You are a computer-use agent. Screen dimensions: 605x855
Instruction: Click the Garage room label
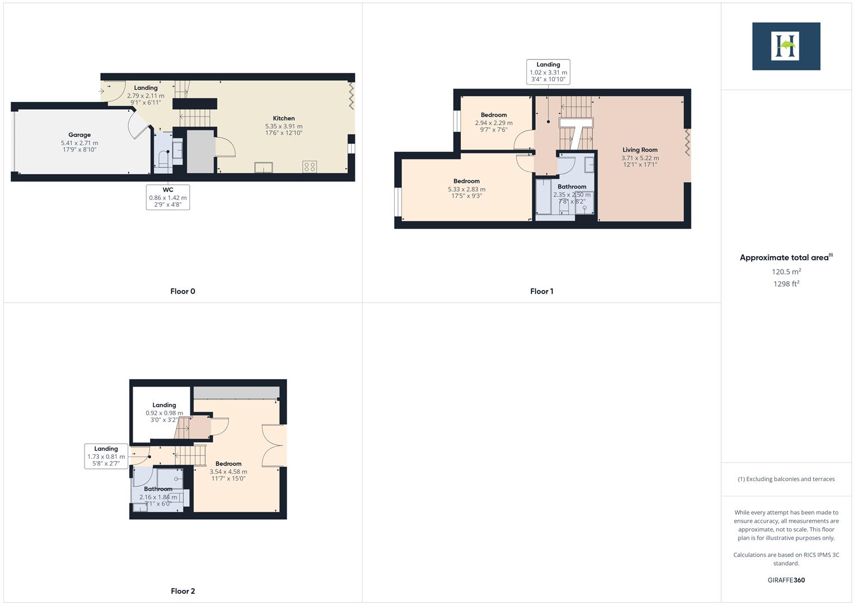[x=80, y=135]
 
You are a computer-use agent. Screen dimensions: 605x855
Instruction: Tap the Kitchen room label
[x=284, y=118]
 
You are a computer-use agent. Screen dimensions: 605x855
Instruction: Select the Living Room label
[x=640, y=150]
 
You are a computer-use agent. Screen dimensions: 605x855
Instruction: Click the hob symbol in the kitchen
[x=310, y=166]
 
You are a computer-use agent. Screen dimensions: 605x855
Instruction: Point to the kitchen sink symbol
[x=263, y=167]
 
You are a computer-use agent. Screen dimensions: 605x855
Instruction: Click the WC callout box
[x=168, y=197]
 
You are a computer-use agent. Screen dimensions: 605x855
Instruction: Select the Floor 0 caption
[x=183, y=291]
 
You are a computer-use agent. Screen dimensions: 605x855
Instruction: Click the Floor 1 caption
[x=541, y=291]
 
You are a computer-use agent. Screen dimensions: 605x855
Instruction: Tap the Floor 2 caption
[x=183, y=591]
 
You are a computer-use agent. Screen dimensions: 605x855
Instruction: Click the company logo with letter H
[x=786, y=46]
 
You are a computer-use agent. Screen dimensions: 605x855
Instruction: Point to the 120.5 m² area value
[x=786, y=272]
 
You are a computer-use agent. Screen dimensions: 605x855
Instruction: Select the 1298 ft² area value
[x=786, y=284]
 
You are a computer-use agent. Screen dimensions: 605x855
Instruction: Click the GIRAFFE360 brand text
[x=786, y=580]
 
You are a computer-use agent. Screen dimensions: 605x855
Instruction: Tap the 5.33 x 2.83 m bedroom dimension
[x=466, y=189]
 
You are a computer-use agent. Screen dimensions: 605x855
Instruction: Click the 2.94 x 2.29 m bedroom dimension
[x=494, y=123]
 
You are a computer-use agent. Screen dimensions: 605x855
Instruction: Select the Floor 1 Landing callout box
[x=548, y=72]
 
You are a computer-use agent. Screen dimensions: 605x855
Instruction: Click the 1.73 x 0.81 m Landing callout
[x=106, y=456]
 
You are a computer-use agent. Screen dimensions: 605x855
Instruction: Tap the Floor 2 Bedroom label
[x=228, y=464]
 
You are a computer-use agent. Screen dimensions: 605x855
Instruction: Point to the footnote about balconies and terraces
[x=786, y=479]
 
